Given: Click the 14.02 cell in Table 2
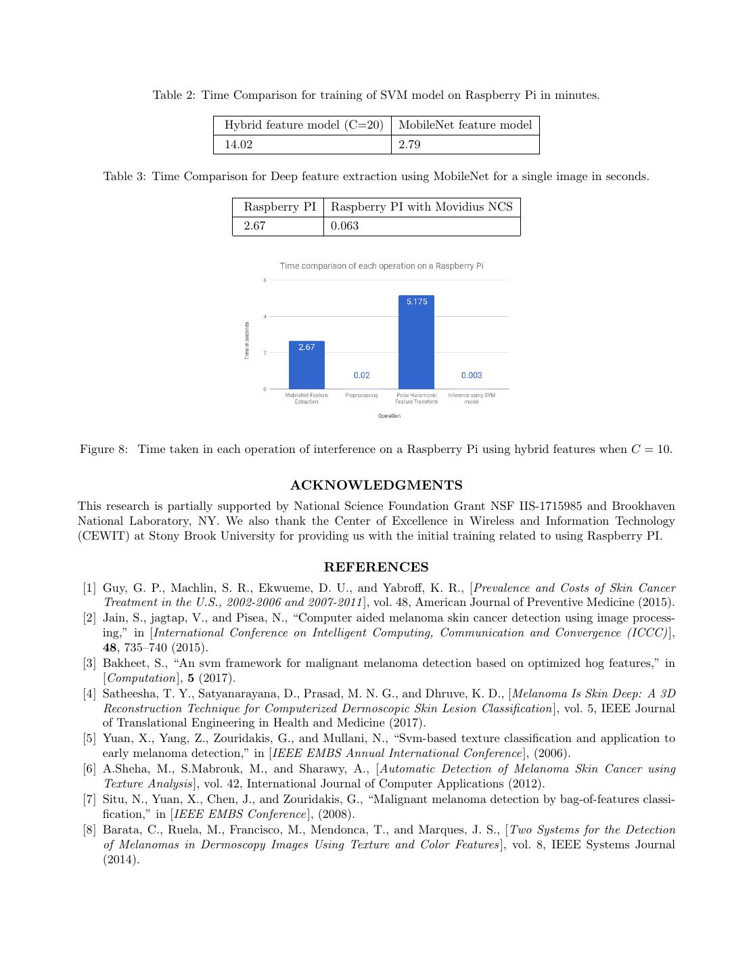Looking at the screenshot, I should tap(302, 144).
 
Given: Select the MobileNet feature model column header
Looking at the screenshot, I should tap(465, 125).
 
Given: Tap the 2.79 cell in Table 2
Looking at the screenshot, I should tap(465, 144).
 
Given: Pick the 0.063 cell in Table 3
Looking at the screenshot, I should tap(422, 226).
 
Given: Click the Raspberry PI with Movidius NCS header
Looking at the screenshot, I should tap(422, 207).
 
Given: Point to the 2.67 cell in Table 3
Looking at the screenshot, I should tap(278, 226).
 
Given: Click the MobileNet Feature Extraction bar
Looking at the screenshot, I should tap(306, 366).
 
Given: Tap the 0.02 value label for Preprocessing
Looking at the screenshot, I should tap(361, 375).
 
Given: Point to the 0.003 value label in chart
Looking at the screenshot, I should tap(472, 375).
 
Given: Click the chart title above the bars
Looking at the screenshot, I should tap(382, 266).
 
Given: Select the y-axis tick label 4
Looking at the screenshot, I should tap(265, 317).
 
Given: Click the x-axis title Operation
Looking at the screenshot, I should tap(389, 416).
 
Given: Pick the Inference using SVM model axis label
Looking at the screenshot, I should tap(472, 398).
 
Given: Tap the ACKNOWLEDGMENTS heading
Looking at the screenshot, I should tap(376, 485).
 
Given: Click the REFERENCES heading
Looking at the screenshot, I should tap(376, 567).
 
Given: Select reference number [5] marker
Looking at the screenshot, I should tap(90, 739).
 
